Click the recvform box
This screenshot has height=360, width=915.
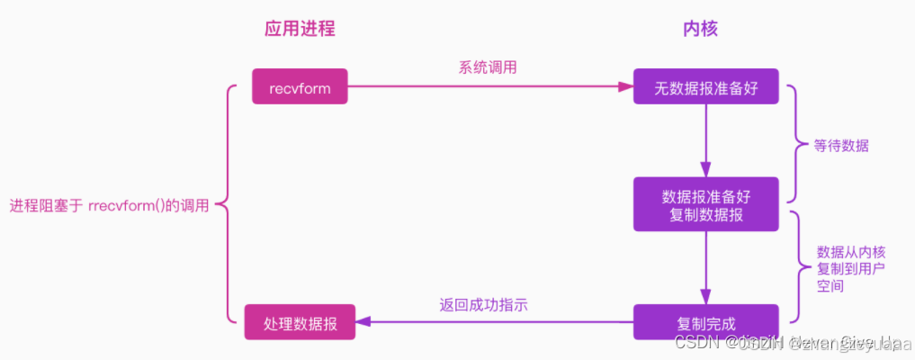pos(300,87)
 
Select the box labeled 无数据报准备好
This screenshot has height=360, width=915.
pos(705,87)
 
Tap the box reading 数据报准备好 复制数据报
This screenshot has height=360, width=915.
pos(705,202)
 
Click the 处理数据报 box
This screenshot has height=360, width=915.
pos(300,322)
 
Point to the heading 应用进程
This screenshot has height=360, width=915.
pos(300,29)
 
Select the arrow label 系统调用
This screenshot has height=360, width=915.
pos(488,67)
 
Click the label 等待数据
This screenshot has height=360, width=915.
pos(841,146)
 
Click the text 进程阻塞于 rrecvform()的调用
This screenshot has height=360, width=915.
pos(110,205)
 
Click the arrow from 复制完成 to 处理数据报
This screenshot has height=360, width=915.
pos(495,322)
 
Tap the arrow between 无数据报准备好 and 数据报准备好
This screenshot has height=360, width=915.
pos(705,139)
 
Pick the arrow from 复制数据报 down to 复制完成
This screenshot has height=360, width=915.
pos(705,265)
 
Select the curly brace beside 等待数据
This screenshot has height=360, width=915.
pos(794,144)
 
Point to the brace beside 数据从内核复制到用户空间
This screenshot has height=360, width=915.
pos(797,266)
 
